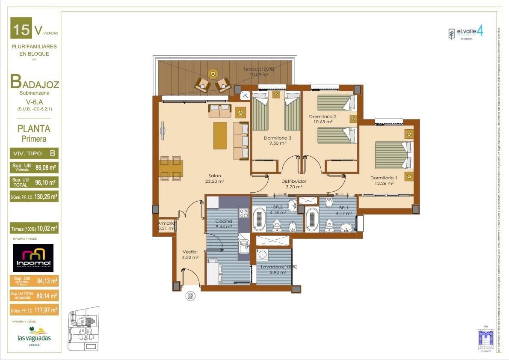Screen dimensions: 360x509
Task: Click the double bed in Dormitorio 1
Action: click(393, 155)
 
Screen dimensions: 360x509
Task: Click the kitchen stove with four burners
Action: click(243, 213)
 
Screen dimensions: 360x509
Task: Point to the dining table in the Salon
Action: click(171, 168)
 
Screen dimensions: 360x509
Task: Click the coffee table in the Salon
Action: click(220, 136)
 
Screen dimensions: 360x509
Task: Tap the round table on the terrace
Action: click(213, 73)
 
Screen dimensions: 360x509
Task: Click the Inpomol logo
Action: click(33, 258)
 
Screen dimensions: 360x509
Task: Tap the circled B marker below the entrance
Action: click(191, 295)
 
